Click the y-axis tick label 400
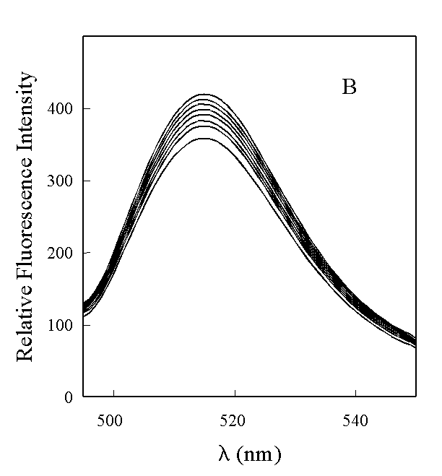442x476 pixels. pyautogui.click(x=63, y=108)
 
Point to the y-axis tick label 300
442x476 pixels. pyautogui.click(x=63, y=181)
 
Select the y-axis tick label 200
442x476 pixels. pyautogui.click(x=63, y=253)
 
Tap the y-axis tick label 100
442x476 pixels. pyautogui.click(x=63, y=325)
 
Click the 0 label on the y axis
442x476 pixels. pyautogui.click(x=69, y=397)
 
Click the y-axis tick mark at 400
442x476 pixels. pyautogui.click(x=85, y=108)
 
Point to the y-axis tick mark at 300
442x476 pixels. pyautogui.click(x=85, y=181)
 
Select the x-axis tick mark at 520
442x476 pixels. pyautogui.click(x=235, y=394)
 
